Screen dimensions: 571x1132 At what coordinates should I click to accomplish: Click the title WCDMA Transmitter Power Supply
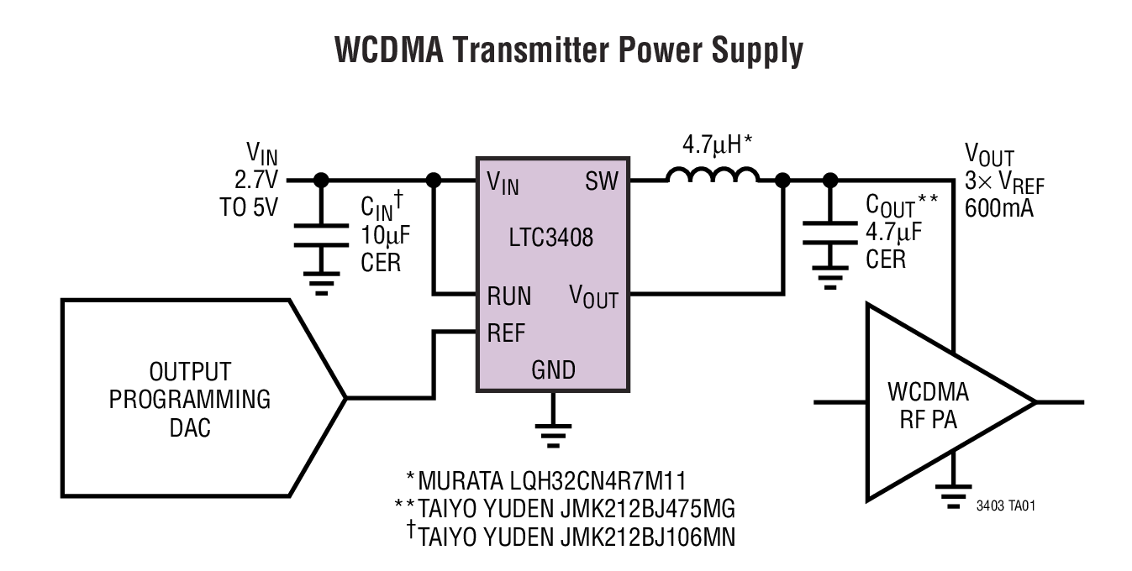tap(568, 51)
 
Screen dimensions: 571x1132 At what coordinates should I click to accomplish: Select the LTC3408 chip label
tap(551, 238)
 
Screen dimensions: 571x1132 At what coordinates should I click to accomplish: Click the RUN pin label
tap(508, 296)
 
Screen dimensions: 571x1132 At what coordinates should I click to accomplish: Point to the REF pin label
tap(506, 333)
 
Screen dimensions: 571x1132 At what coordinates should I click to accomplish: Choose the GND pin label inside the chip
tap(553, 370)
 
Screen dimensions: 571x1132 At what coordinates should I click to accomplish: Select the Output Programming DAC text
tap(190, 400)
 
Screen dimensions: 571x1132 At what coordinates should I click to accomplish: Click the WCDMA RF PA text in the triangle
tap(927, 406)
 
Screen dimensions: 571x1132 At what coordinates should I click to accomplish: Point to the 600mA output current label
tap(999, 207)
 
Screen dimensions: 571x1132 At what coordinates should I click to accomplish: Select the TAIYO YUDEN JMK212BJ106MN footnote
tap(570, 535)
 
